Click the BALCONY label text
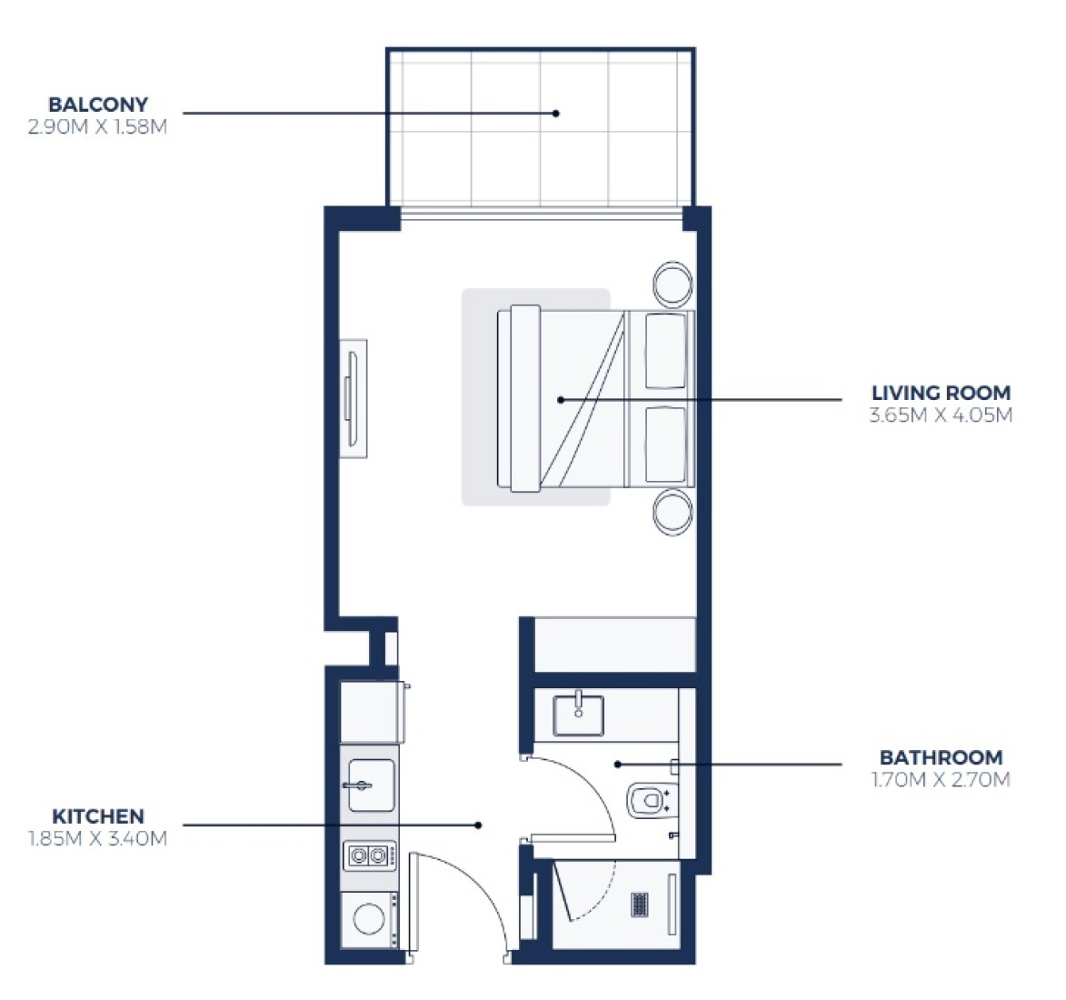pyautogui.click(x=98, y=105)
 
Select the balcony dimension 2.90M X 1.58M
pyautogui.click(x=97, y=127)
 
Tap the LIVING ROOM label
pyautogui.click(x=941, y=393)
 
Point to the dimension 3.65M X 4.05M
pyautogui.click(x=941, y=415)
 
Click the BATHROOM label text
pyautogui.click(x=941, y=757)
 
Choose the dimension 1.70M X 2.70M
pyautogui.click(x=941, y=780)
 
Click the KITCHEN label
pyautogui.click(x=98, y=816)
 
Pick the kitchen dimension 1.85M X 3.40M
pyautogui.click(x=97, y=839)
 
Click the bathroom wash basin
pyautogui.click(x=579, y=715)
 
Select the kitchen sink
pyautogui.click(x=371, y=785)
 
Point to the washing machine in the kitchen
pyautogui.click(x=370, y=920)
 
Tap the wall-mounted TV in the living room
pyautogui.click(x=354, y=399)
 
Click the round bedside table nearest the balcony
pyautogui.click(x=673, y=284)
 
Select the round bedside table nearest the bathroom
pyautogui.click(x=673, y=511)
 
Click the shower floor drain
pyautogui.click(x=639, y=904)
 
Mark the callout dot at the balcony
pyautogui.click(x=556, y=113)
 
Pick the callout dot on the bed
pyautogui.click(x=561, y=399)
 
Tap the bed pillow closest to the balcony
pyautogui.click(x=665, y=351)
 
